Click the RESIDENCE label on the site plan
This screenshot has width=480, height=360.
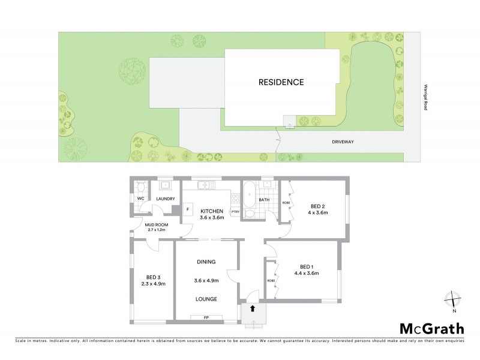(281, 82)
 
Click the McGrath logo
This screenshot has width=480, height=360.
(432, 328)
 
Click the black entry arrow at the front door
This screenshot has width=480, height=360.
(253, 308)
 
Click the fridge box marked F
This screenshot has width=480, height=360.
(188, 210)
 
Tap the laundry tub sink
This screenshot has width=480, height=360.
(164, 185)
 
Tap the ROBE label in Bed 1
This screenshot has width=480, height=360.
(271, 280)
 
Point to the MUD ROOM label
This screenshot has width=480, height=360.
(155, 224)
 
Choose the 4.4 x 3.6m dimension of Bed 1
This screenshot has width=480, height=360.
(306, 274)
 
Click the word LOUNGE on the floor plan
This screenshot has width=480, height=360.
(205, 298)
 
